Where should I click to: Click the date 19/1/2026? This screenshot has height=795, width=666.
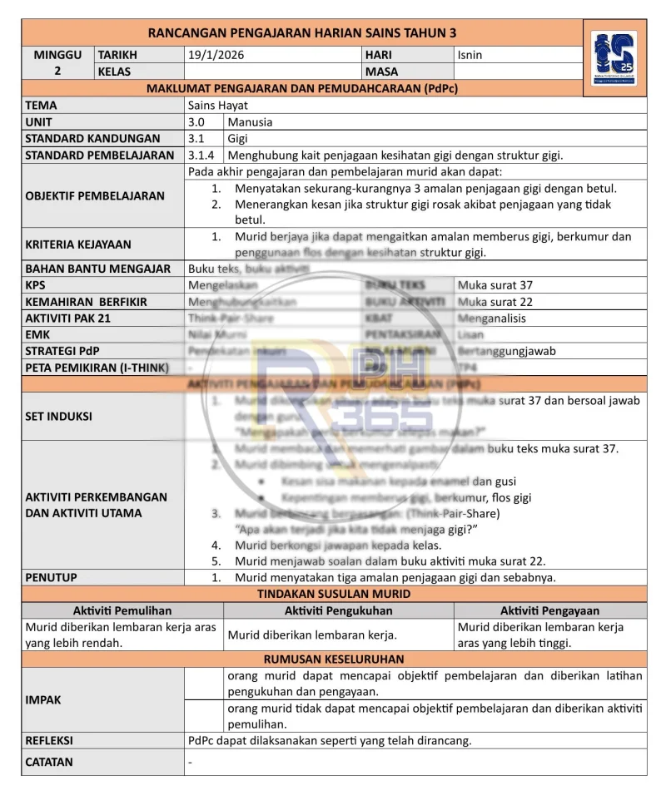pos(216,55)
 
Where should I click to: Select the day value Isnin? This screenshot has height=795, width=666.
pos(470,55)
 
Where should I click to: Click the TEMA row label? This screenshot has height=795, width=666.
pos(42,106)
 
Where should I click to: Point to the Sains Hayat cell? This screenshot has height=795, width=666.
pos(218,106)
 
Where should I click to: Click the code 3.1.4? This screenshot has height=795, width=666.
pos(201,155)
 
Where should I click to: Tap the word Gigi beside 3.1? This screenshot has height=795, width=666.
pos(238,138)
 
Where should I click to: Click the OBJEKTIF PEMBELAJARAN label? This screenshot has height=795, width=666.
pos(95,195)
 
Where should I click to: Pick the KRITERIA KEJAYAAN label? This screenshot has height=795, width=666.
pos(78,244)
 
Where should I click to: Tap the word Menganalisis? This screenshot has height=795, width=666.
pos(492,318)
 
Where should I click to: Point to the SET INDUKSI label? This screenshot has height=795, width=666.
pos(58,416)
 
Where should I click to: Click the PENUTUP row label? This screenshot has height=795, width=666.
pos(52,577)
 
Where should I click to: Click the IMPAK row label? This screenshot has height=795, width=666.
pos(43,700)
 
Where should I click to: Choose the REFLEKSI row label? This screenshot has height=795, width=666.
pos(49,740)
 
